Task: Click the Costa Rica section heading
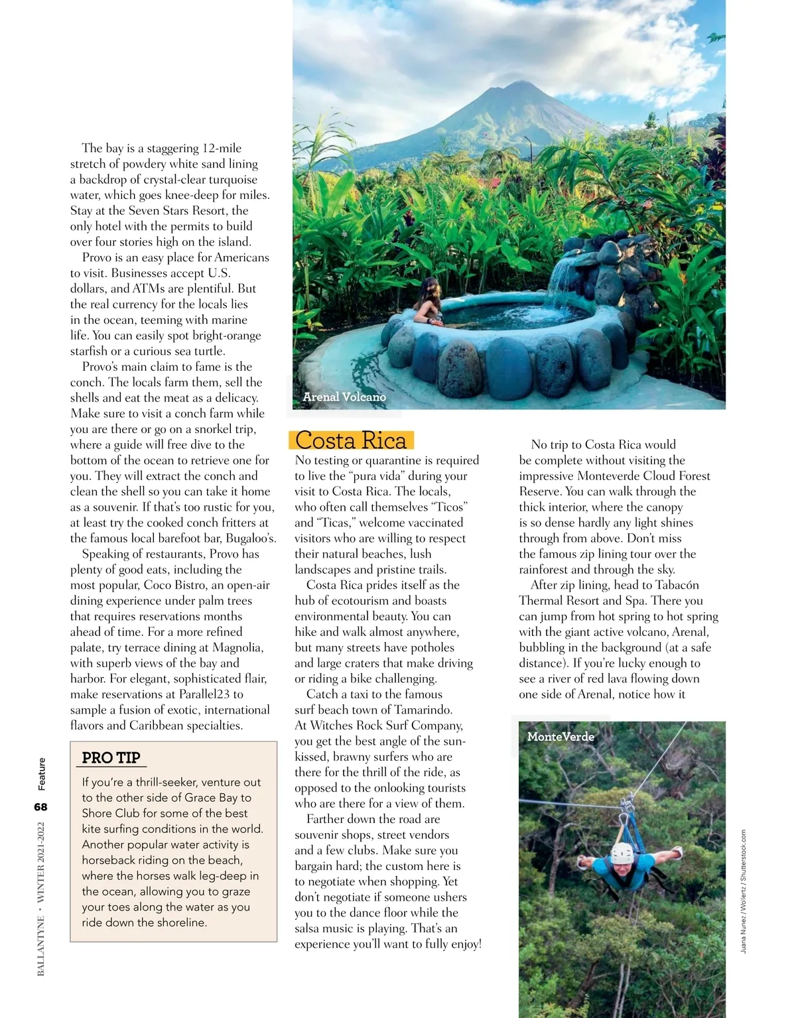click(351, 440)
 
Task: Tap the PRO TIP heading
click(111, 757)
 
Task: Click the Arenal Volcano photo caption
click(344, 397)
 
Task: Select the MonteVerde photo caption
click(561, 736)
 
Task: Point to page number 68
click(41, 806)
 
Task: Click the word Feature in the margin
click(42, 774)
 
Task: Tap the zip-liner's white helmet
click(622, 854)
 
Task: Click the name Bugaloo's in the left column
click(251, 539)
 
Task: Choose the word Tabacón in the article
click(677, 585)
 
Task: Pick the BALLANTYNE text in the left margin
click(42, 946)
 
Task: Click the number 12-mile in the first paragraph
click(222, 148)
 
